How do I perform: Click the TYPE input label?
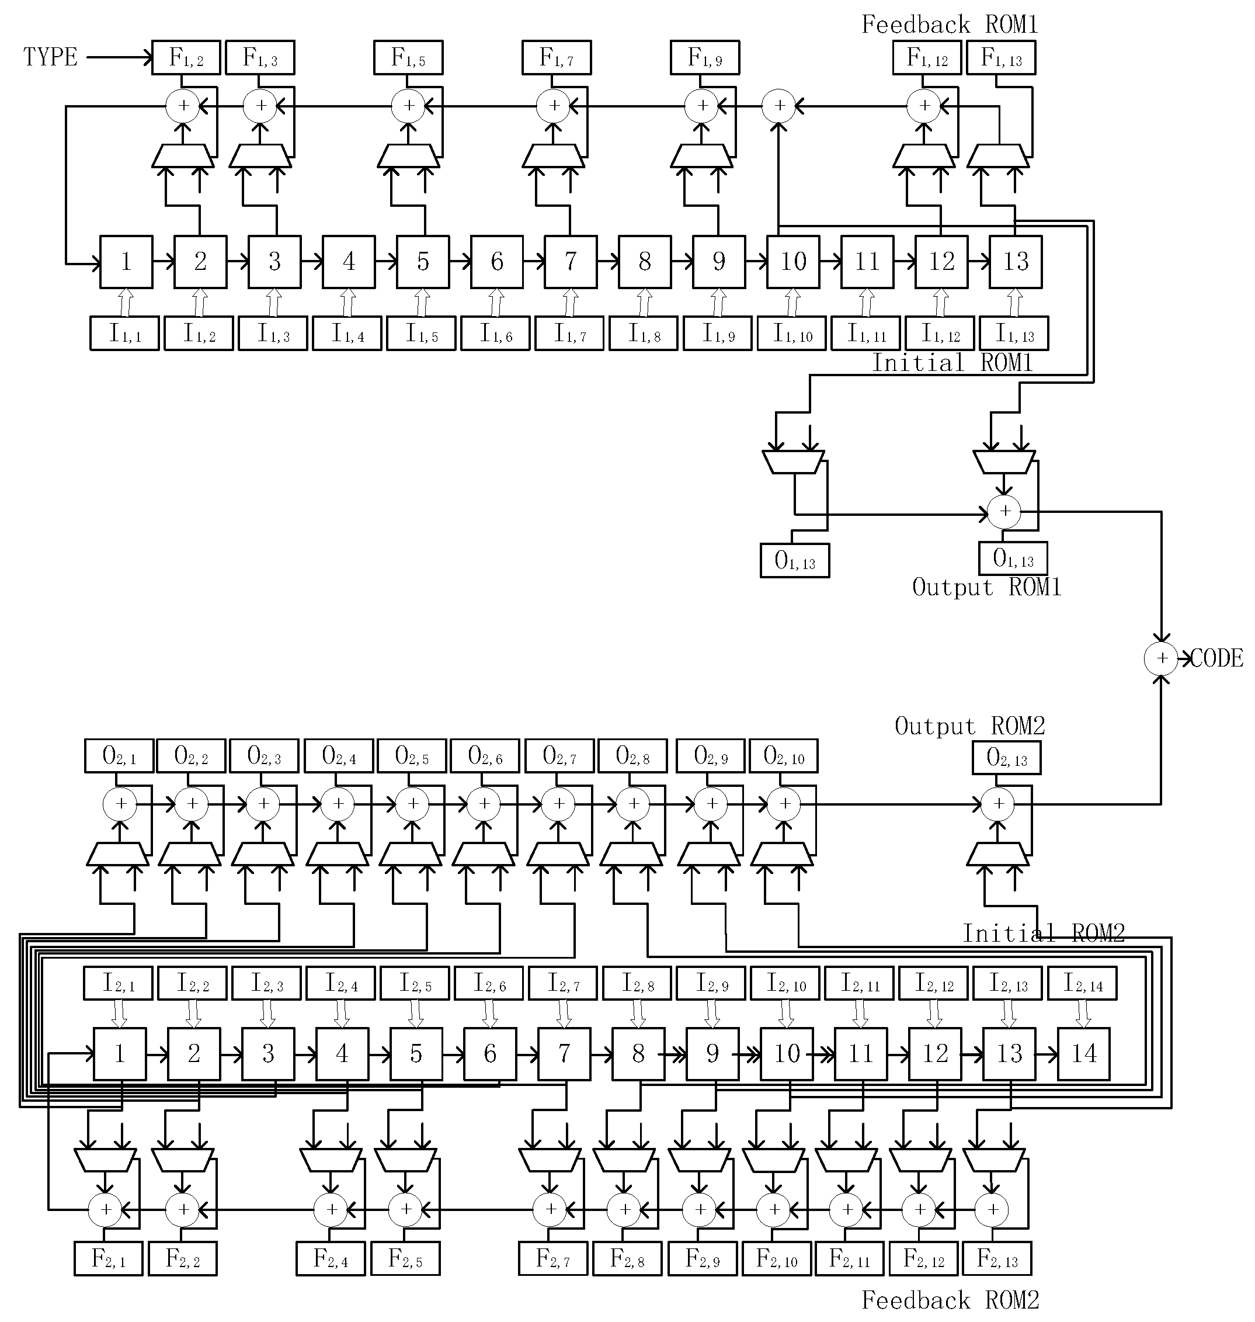pos(50,57)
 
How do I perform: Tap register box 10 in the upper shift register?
pos(792,262)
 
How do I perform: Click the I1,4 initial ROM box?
pos(347,333)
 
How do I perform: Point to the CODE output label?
pos(1216,658)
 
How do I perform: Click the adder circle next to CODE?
pos(1162,658)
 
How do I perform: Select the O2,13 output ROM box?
pos(1006,758)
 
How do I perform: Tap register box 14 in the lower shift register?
pos(1083,1054)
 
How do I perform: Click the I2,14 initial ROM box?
pos(1082,984)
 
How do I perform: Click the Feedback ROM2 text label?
pos(950,1300)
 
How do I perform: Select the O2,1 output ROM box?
pos(119,756)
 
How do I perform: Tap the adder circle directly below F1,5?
pos(408,106)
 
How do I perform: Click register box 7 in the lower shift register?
pos(564,1054)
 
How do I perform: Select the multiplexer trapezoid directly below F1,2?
pos(183,156)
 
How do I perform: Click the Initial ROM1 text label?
pos(952,363)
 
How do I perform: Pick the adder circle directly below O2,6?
pos(483,803)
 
